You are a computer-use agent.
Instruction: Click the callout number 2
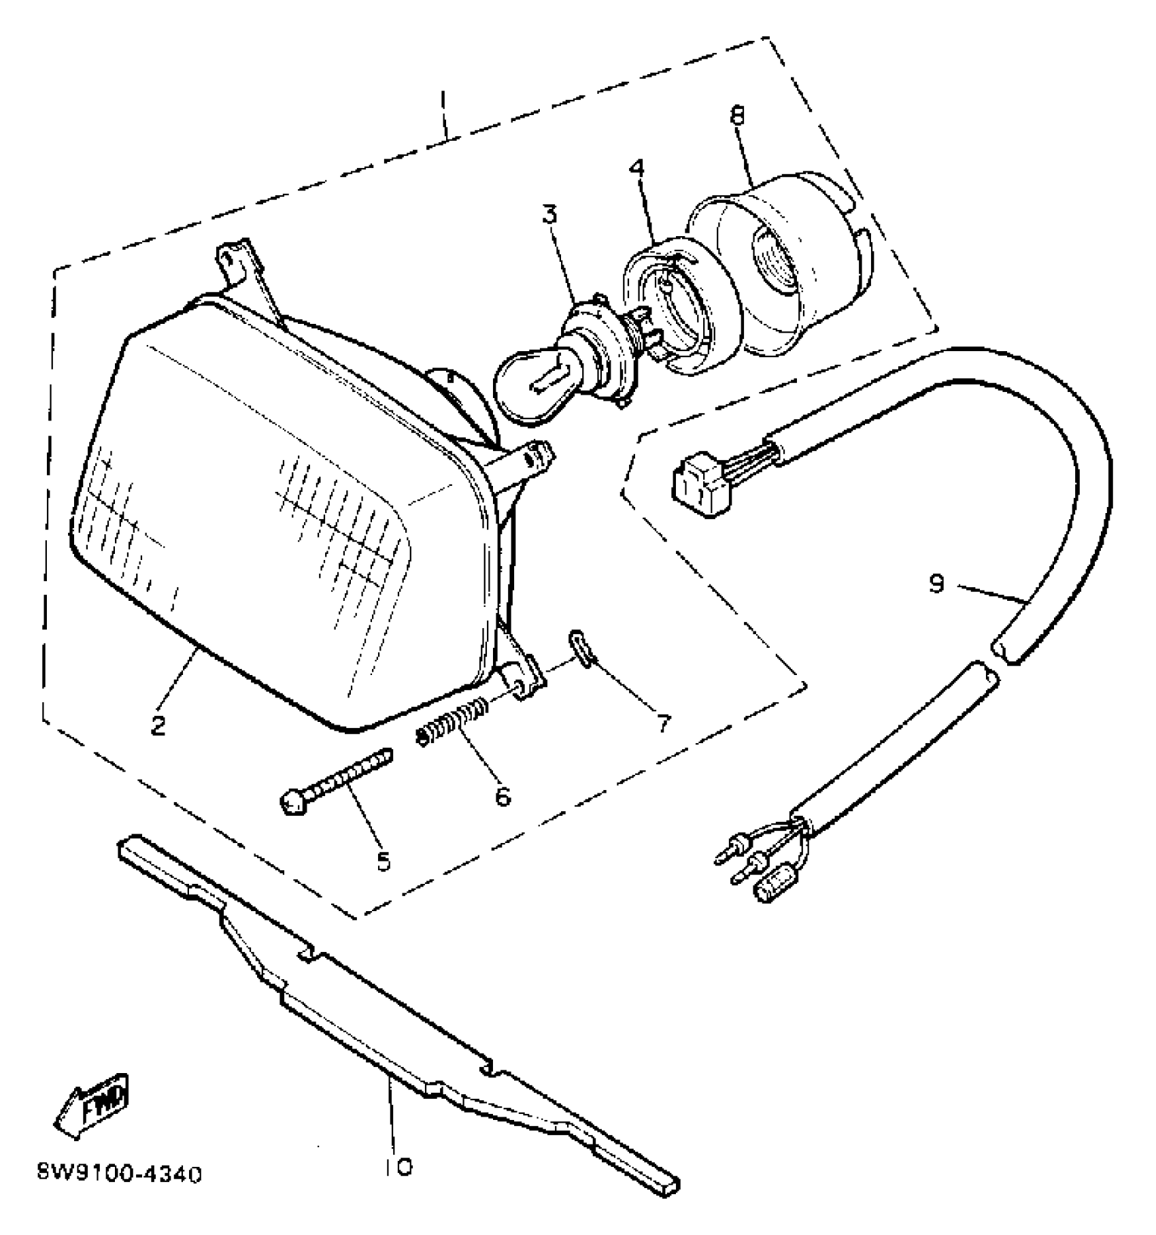[158, 725]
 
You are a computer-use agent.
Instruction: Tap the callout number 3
[549, 215]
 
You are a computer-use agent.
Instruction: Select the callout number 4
[637, 169]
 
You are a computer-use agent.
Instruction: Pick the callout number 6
[503, 795]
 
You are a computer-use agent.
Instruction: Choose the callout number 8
[737, 116]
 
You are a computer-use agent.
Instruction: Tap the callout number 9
[937, 583]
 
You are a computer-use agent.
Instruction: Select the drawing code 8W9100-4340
[120, 1176]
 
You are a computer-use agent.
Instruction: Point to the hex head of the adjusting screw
[293, 804]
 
